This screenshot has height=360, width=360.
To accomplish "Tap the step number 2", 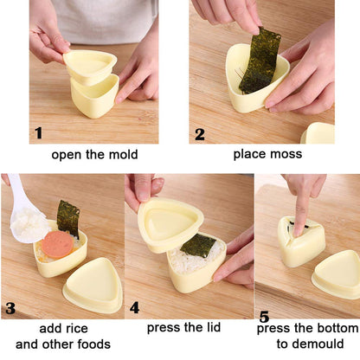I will click(200, 133).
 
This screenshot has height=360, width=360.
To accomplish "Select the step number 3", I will click(10, 308).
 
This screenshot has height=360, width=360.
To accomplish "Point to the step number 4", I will click(133, 306).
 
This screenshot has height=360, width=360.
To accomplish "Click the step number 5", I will click(265, 318).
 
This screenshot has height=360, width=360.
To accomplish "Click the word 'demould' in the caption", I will click(318, 343).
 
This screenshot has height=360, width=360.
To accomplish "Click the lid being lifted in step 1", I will click(91, 66).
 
